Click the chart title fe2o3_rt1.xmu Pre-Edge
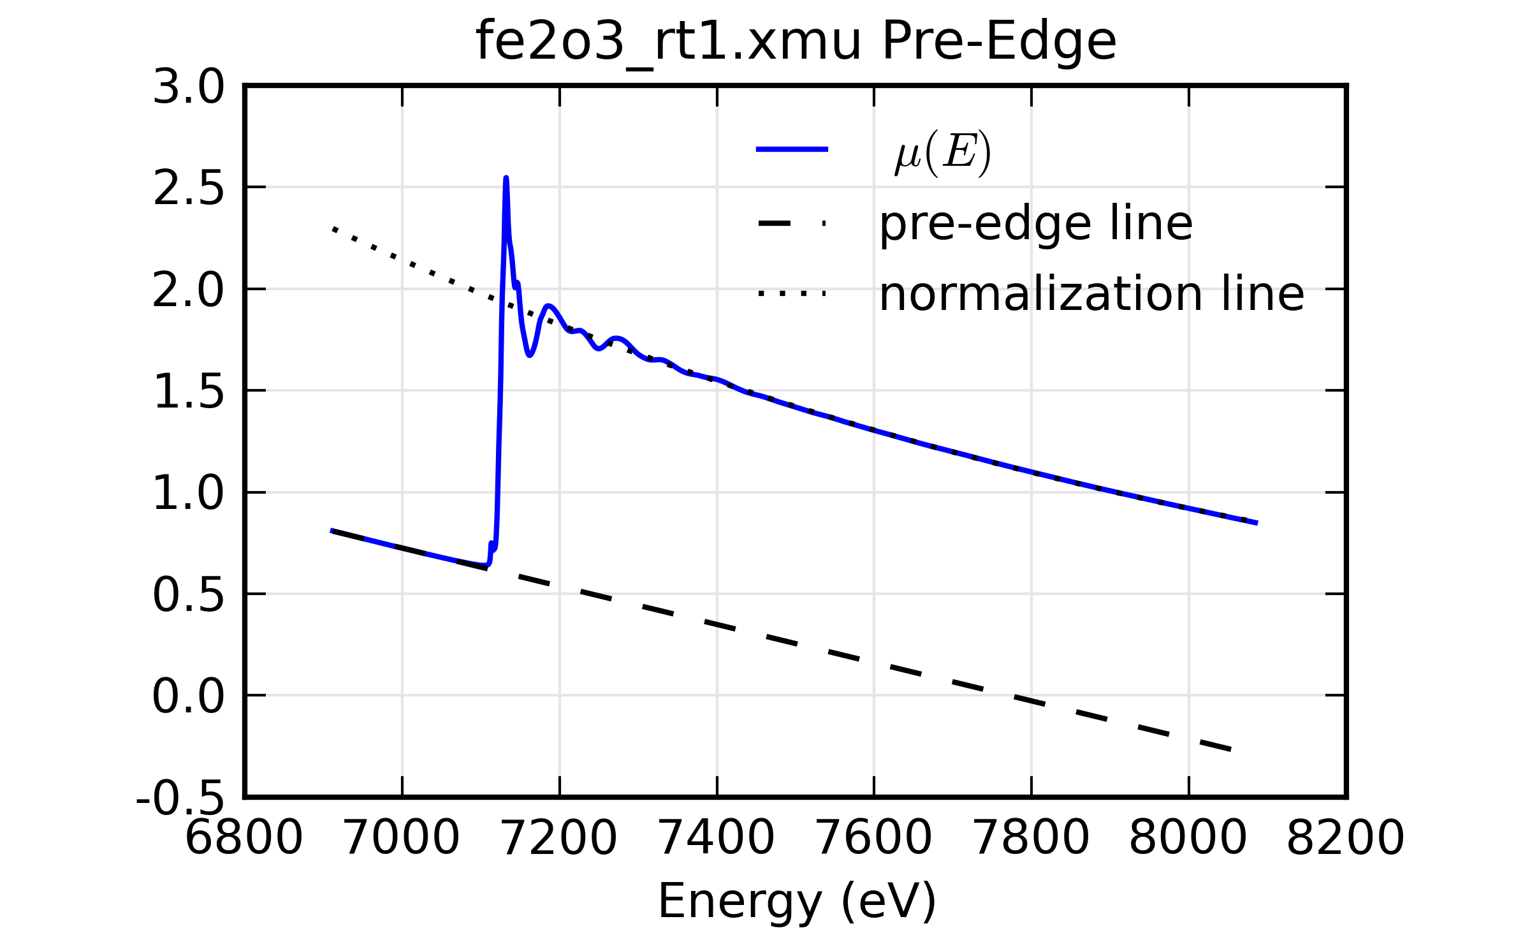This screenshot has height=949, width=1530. pos(796,42)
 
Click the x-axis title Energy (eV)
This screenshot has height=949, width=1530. pos(796,901)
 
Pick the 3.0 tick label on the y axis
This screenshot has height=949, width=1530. pos(189,87)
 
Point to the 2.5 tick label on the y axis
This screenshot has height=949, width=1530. pos(189,189)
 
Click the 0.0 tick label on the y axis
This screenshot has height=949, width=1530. pos(189,696)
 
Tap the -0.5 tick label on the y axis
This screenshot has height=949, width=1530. pos(180,798)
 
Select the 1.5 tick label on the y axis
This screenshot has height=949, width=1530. pos(189,392)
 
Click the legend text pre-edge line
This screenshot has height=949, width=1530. pos(1035,224)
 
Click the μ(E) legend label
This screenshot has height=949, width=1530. pos(943,153)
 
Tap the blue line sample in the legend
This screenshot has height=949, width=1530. pos(792,149)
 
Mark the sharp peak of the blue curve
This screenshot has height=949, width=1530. pos(506,179)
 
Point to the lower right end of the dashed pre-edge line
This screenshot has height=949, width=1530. pos(1230,750)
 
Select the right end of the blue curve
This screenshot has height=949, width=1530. pos(1257,523)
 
